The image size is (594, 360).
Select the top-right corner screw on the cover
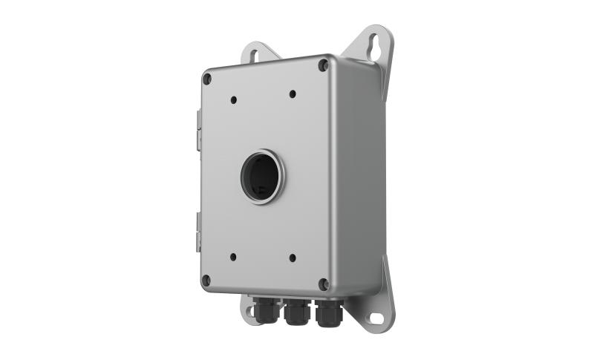pos(323,65)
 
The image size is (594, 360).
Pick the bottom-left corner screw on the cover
pos(206,280)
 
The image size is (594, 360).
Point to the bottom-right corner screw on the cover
pos(323,284)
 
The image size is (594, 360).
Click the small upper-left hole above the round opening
pos(233,99)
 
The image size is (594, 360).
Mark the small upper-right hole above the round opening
pos(293,94)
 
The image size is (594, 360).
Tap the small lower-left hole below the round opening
pos(232,257)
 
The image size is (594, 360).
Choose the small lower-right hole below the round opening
pos(292,258)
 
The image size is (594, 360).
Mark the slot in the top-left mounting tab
pos(254,53)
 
